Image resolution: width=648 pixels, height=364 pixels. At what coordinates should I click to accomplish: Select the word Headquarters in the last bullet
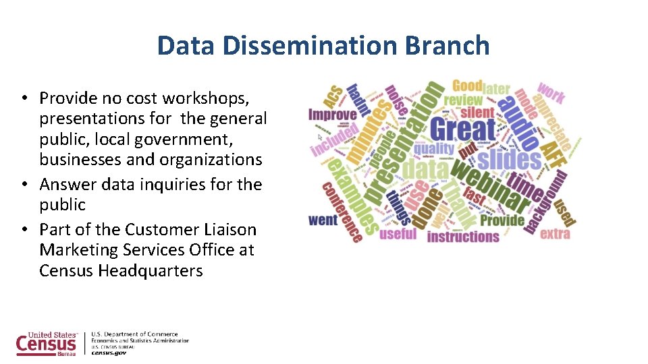tap(150, 271)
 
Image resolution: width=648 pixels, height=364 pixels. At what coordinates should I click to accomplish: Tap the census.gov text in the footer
tap(109, 352)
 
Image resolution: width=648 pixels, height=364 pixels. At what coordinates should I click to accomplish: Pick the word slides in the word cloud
tap(509, 160)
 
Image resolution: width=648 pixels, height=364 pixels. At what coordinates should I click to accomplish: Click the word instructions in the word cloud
tap(463, 237)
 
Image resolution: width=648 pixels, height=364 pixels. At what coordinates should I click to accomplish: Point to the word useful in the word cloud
tap(398, 234)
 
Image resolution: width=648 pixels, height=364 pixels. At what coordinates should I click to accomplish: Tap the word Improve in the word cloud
tap(332, 115)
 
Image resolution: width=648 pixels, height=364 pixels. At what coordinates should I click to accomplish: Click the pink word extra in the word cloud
tap(555, 234)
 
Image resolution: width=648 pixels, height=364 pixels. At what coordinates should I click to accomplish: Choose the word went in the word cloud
tap(323, 220)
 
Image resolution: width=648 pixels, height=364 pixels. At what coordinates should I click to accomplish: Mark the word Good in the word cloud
tap(467, 86)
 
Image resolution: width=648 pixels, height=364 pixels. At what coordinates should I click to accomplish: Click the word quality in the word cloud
tap(433, 148)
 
